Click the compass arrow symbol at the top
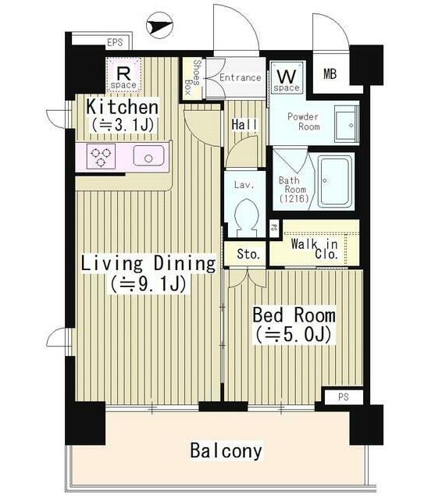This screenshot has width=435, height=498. [159, 26]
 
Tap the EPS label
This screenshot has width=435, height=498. [115, 43]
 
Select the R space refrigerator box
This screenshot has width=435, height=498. [123, 75]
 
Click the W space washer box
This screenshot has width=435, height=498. [287, 78]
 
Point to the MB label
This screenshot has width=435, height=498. [330, 74]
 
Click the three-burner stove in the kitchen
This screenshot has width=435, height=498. [101, 156]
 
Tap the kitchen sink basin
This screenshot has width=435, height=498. [148, 155]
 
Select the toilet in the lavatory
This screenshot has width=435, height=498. [245, 218]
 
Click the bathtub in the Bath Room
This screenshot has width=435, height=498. [336, 182]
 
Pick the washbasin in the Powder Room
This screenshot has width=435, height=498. [347, 125]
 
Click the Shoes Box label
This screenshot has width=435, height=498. [193, 78]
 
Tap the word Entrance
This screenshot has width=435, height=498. [241, 77]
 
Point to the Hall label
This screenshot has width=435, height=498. [244, 125]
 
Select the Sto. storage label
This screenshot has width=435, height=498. [248, 254]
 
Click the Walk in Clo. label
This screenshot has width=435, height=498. [315, 249]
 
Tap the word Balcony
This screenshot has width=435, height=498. [226, 450]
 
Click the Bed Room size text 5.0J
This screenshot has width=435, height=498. [294, 335]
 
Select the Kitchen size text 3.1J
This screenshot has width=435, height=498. [123, 125]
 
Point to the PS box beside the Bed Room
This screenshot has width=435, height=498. [344, 397]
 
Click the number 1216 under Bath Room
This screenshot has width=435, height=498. [294, 199]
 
